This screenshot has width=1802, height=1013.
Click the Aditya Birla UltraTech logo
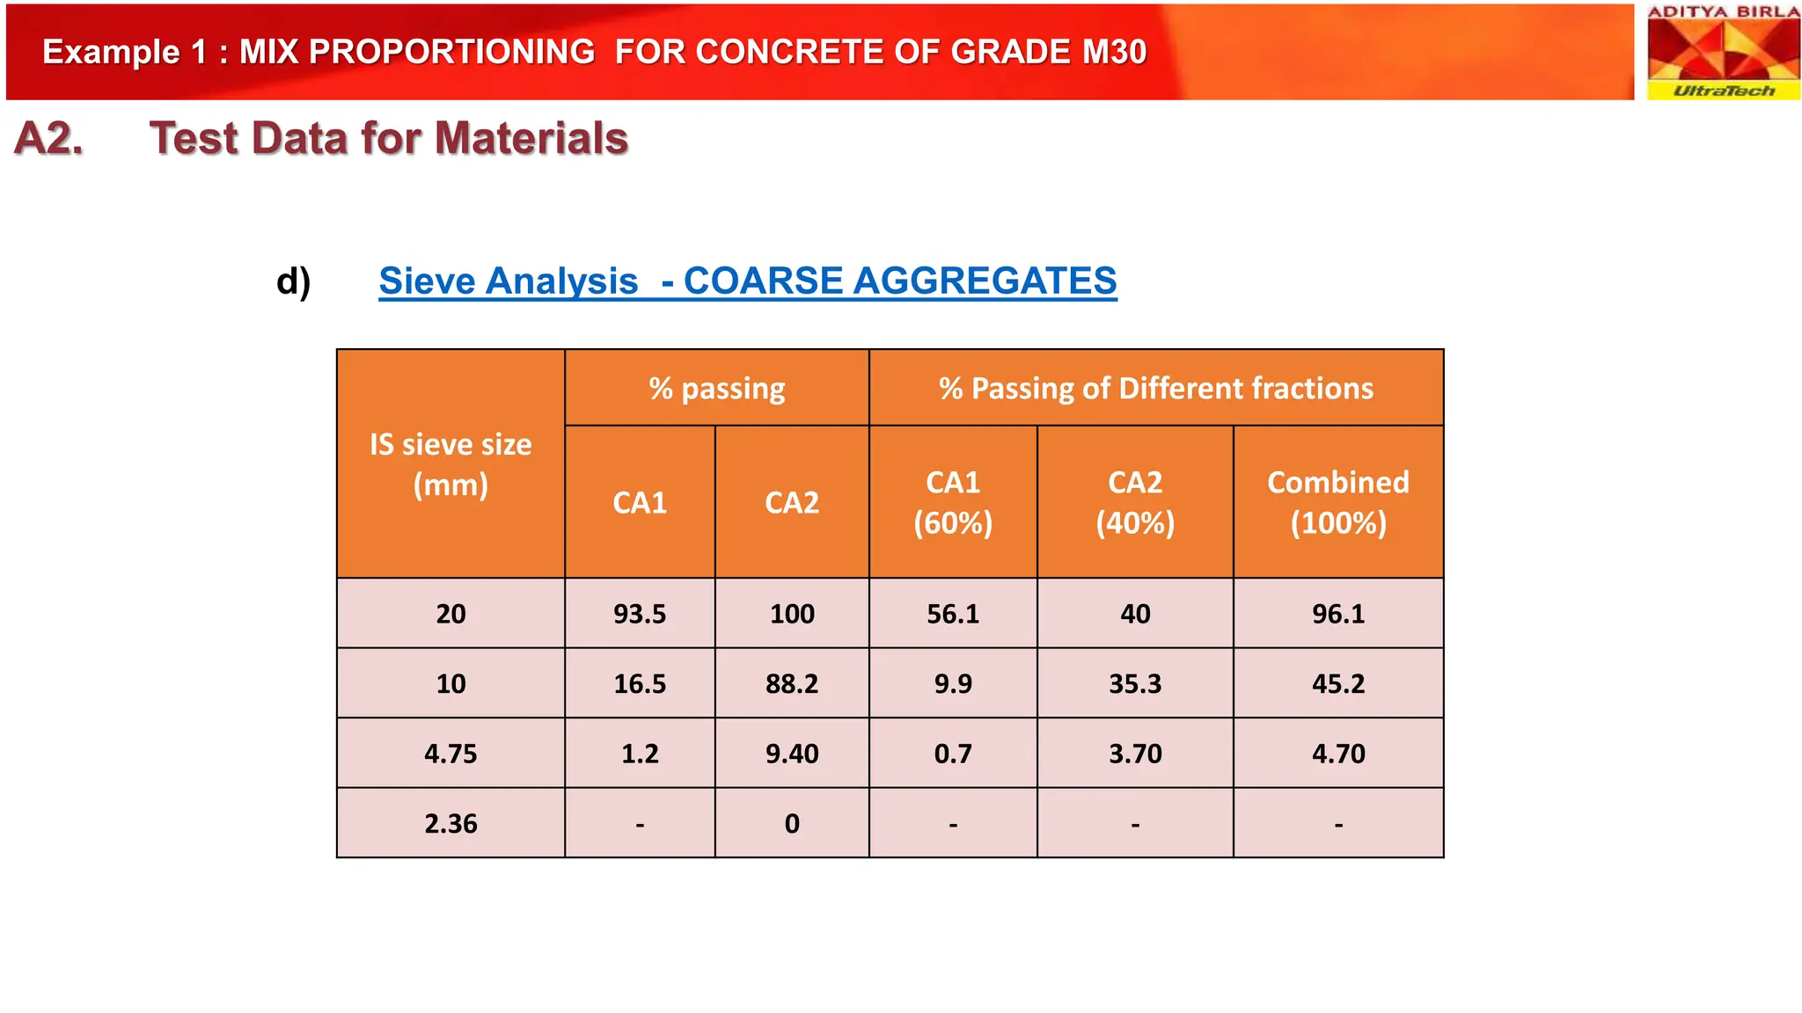click(1723, 52)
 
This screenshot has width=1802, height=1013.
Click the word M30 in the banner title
click(1114, 52)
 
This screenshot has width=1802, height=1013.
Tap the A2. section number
click(49, 139)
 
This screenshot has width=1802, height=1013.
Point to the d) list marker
click(293, 281)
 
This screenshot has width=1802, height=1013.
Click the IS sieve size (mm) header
click(450, 464)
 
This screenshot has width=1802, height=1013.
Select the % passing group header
click(716, 388)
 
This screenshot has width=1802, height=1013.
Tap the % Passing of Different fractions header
click(1155, 388)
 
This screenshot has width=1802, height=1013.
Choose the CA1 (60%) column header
click(953, 502)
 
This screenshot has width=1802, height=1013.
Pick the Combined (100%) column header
click(1337, 502)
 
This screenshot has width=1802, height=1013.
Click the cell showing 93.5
click(640, 614)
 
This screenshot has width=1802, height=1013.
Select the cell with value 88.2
click(792, 683)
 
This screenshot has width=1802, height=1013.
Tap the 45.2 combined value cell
click(1337, 683)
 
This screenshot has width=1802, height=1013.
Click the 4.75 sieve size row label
click(450, 754)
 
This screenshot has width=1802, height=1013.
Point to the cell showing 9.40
click(792, 754)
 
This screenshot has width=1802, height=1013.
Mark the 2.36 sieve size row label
click(450, 823)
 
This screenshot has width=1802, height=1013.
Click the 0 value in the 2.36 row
click(792, 823)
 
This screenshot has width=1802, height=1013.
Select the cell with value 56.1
click(953, 614)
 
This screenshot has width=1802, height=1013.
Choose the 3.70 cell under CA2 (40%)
click(1135, 754)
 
